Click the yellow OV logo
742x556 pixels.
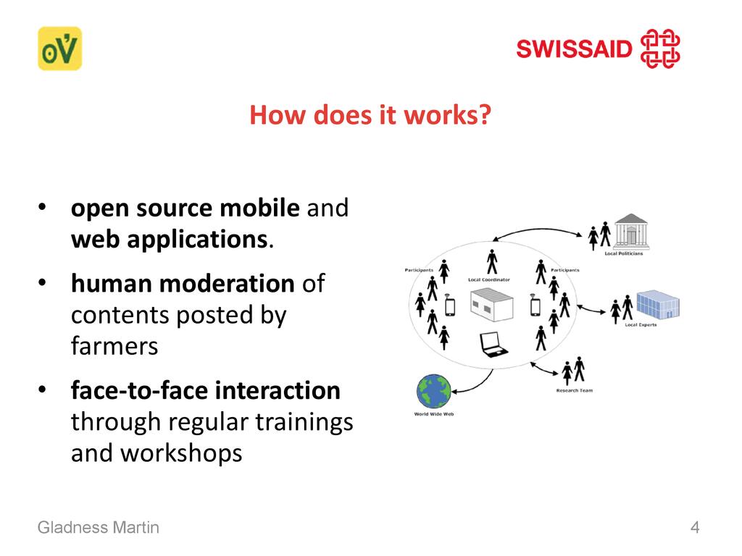(x=59, y=49)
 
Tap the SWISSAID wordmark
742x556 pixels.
(x=574, y=49)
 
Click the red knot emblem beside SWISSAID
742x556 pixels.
(x=660, y=49)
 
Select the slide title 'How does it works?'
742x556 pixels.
(x=370, y=115)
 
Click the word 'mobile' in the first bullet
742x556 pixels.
(x=260, y=208)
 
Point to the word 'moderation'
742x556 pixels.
(x=227, y=283)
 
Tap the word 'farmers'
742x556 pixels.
(x=114, y=345)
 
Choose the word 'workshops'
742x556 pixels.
(x=181, y=453)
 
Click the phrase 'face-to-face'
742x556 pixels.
(x=139, y=390)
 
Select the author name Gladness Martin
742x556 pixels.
(x=99, y=527)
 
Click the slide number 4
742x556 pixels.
(x=695, y=527)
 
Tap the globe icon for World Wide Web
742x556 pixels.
(x=433, y=392)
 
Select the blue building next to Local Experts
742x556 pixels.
(x=658, y=305)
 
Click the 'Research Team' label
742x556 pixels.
(x=575, y=390)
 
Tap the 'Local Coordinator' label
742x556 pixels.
(x=489, y=280)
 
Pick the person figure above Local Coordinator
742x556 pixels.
(x=492, y=262)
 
